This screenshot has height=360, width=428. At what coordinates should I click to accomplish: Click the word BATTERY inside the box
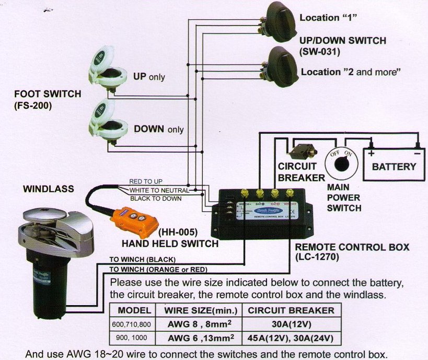[x=394, y=167]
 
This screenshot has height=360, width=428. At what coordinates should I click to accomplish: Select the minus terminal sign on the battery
[x=417, y=153]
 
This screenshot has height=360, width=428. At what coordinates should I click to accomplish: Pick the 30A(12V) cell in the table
[x=288, y=324]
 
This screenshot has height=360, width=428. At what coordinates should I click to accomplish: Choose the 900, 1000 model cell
[x=131, y=338]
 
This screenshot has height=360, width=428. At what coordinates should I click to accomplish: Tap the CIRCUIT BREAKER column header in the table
[x=288, y=310]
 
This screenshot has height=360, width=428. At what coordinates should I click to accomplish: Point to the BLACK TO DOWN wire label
[x=155, y=199]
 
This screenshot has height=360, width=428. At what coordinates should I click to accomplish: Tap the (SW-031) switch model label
[x=319, y=51]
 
